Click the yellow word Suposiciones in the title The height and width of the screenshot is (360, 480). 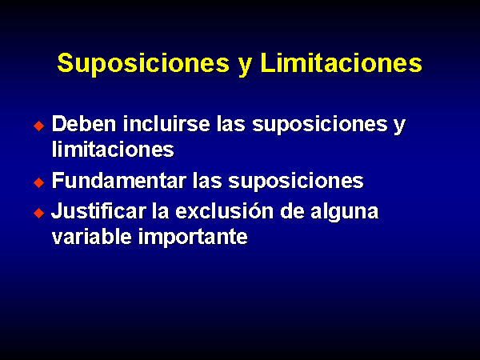click(143, 64)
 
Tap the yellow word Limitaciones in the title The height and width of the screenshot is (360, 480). click(342, 62)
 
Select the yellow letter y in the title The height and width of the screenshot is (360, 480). click(245, 66)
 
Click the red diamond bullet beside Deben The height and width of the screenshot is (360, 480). click(39, 126)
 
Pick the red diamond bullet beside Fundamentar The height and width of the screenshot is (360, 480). click(39, 182)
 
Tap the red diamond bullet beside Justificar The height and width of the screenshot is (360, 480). click(39, 213)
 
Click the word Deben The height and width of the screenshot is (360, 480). click(84, 124)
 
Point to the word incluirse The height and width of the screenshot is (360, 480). click(166, 124)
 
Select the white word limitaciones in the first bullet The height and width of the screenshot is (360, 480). click(113, 149)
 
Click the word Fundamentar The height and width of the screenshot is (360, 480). click(119, 180)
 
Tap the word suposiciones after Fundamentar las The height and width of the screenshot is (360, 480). click(296, 182)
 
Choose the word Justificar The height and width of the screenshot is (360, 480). click(98, 211)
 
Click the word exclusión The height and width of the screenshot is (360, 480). click(224, 211)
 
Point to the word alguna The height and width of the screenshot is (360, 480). click(344, 213)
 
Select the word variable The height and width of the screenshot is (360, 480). click(91, 236)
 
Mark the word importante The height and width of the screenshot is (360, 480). click(193, 238)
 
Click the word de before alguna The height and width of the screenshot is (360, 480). click(292, 211)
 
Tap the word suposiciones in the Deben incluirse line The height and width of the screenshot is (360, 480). click(319, 126)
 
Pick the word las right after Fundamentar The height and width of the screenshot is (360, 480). click(207, 180)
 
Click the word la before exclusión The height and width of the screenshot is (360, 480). click(161, 211)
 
